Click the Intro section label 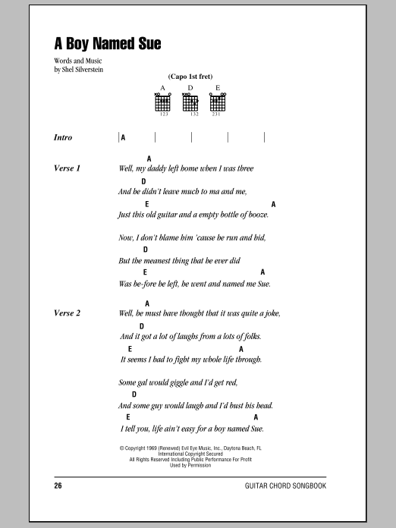tap(64, 137)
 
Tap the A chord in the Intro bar tap(123, 137)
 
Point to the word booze tap(256, 215)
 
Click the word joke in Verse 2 tap(269, 313)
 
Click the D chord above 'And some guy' tap(134, 394)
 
